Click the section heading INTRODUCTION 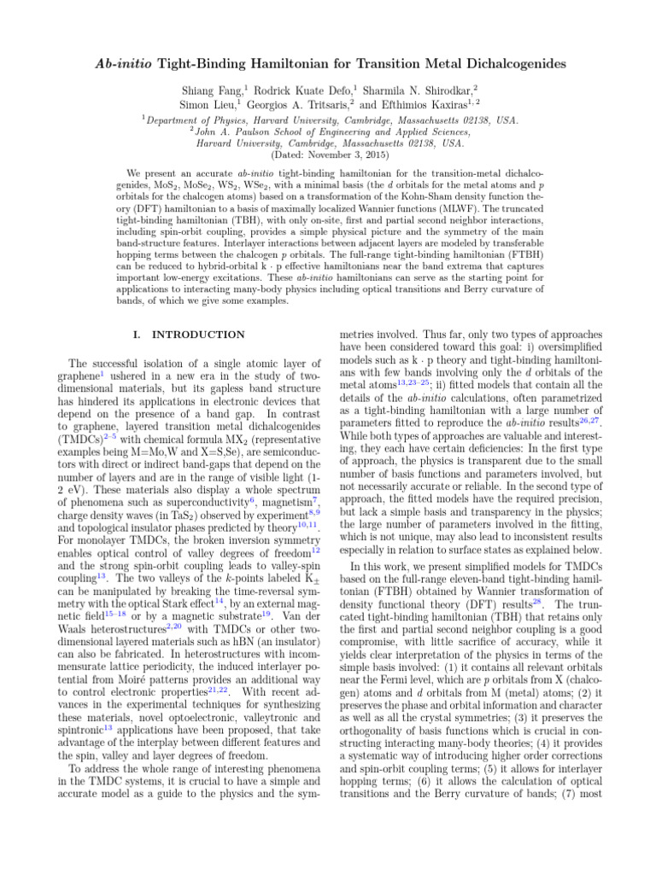pyautogui.click(x=198, y=334)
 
